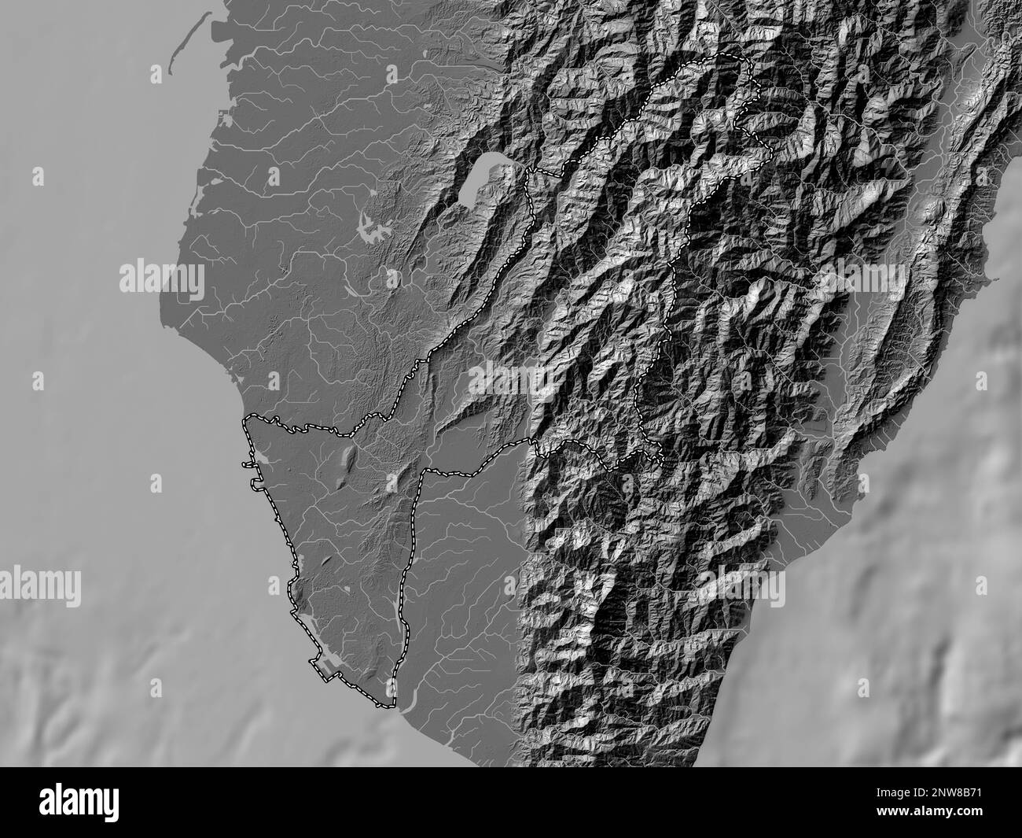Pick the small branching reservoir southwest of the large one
[x=374, y=229]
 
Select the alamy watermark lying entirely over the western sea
[x=40, y=586]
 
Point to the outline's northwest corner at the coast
[x=245, y=419]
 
